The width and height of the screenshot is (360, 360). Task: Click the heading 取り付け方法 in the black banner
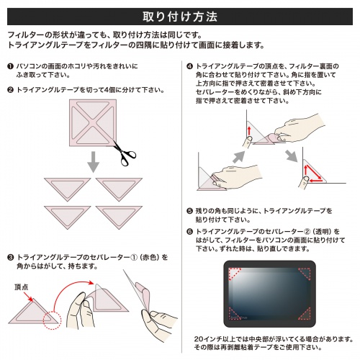coord(179,14)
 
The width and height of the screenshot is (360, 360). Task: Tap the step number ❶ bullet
coord(10,66)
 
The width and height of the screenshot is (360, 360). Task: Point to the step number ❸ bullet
coord(10,256)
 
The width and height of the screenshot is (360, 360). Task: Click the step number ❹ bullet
coord(189,66)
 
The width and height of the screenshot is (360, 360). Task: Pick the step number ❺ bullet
coord(189,210)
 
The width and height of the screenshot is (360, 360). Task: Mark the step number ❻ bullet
coord(189,232)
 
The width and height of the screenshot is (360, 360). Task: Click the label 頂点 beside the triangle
coord(22,286)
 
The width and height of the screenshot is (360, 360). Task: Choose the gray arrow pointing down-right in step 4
coord(291,156)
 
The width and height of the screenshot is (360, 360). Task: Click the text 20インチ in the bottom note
coord(212,338)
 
